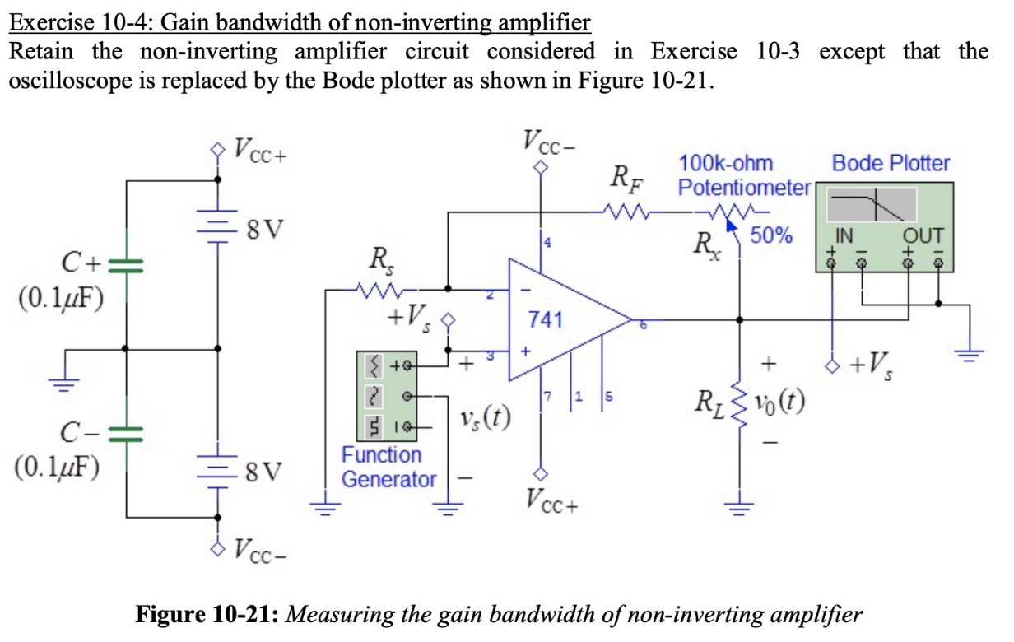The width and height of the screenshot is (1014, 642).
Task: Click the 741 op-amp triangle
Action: pos(560,320)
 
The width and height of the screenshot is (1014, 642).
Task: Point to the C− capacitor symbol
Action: pos(126,433)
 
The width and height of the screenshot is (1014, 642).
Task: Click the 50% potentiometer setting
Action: pos(771,235)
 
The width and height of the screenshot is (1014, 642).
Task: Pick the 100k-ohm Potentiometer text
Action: pos(744,175)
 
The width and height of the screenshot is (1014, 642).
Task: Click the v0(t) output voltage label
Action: pos(779,404)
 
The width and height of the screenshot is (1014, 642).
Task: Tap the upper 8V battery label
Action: pos(263,228)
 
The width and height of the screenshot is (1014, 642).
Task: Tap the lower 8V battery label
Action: pos(263,472)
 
